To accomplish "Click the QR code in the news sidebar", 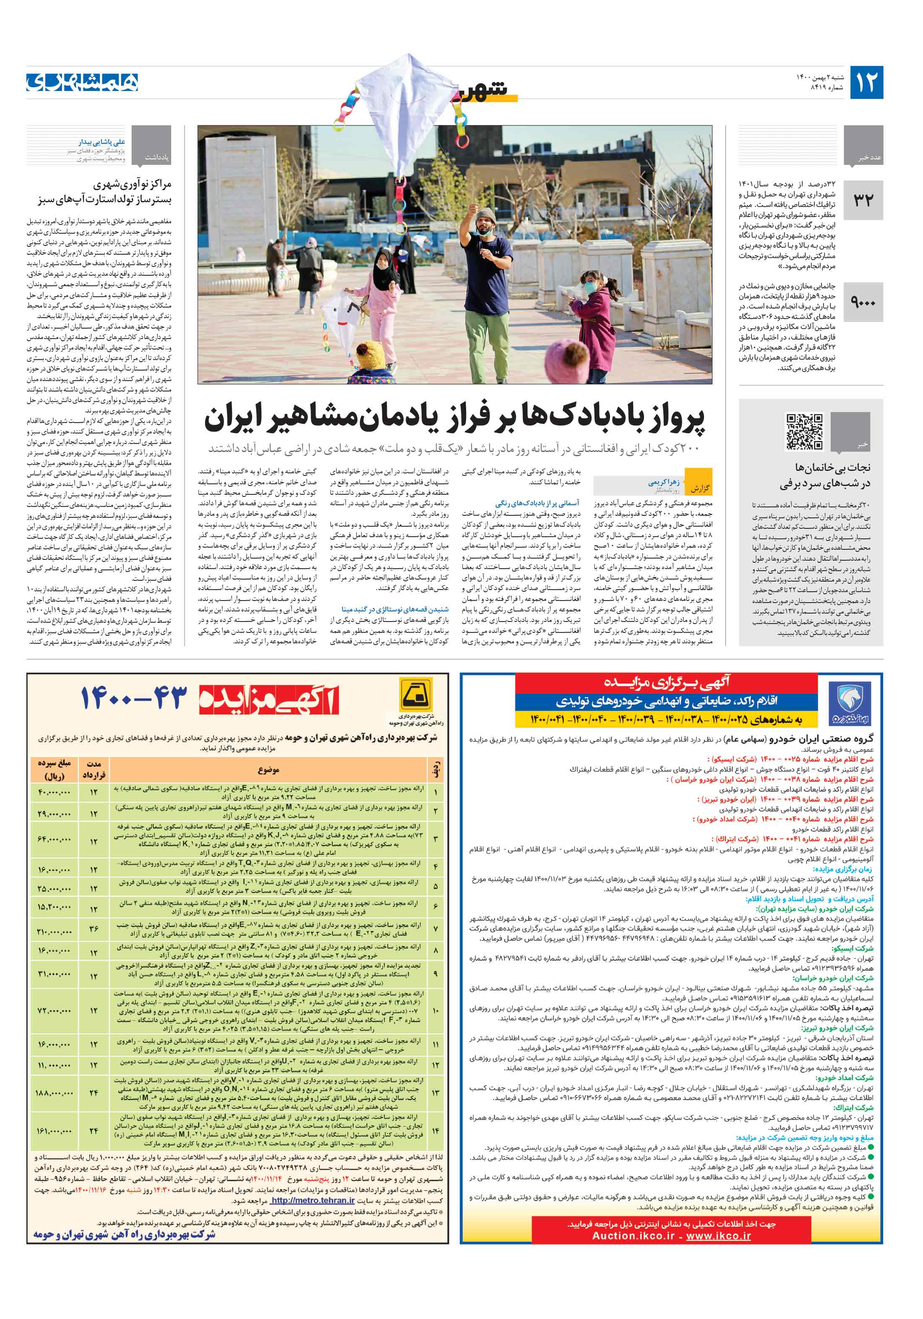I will (x=803, y=431).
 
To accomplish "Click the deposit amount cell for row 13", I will (x=55, y=1093).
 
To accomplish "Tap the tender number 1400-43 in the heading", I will (x=134, y=698).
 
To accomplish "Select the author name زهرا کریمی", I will (x=663, y=483).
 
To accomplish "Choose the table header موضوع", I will (x=268, y=771).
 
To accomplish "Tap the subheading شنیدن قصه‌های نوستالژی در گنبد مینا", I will (x=395, y=609).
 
